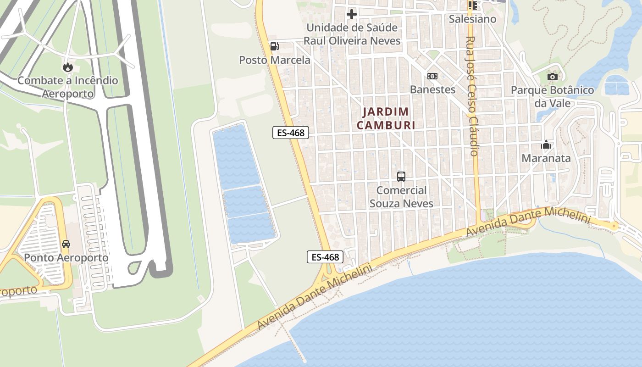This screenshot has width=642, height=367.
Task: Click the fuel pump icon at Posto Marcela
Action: coord(274,46)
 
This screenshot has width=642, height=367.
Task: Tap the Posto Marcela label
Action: coord(275,60)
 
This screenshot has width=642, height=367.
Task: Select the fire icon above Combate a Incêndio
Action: coord(68,67)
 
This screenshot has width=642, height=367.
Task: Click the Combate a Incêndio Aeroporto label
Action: coord(68,87)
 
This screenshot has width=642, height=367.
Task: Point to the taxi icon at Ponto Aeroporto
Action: coord(66,244)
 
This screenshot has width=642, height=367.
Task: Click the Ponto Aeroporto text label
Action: coord(66,258)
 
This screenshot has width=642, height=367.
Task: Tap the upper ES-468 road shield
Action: coord(291,133)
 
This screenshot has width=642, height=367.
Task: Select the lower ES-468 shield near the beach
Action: coord(325,257)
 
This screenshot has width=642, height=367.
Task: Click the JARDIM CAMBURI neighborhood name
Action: coord(386,118)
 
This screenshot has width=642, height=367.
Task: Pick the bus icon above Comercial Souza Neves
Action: coord(401,176)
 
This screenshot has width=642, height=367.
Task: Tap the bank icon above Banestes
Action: coord(432,76)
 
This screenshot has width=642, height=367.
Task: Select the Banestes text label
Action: coord(432,89)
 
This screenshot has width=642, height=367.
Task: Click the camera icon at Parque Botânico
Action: coord(553,77)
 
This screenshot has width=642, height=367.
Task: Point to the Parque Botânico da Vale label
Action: coord(553,96)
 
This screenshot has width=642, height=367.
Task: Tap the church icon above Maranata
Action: coord(546,145)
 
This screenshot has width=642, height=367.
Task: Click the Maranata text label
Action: coord(546,159)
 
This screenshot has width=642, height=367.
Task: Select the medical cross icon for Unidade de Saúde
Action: coord(352,14)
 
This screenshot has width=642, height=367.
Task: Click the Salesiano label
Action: coord(472,19)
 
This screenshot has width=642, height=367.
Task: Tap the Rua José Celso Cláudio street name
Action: coord(472,96)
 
